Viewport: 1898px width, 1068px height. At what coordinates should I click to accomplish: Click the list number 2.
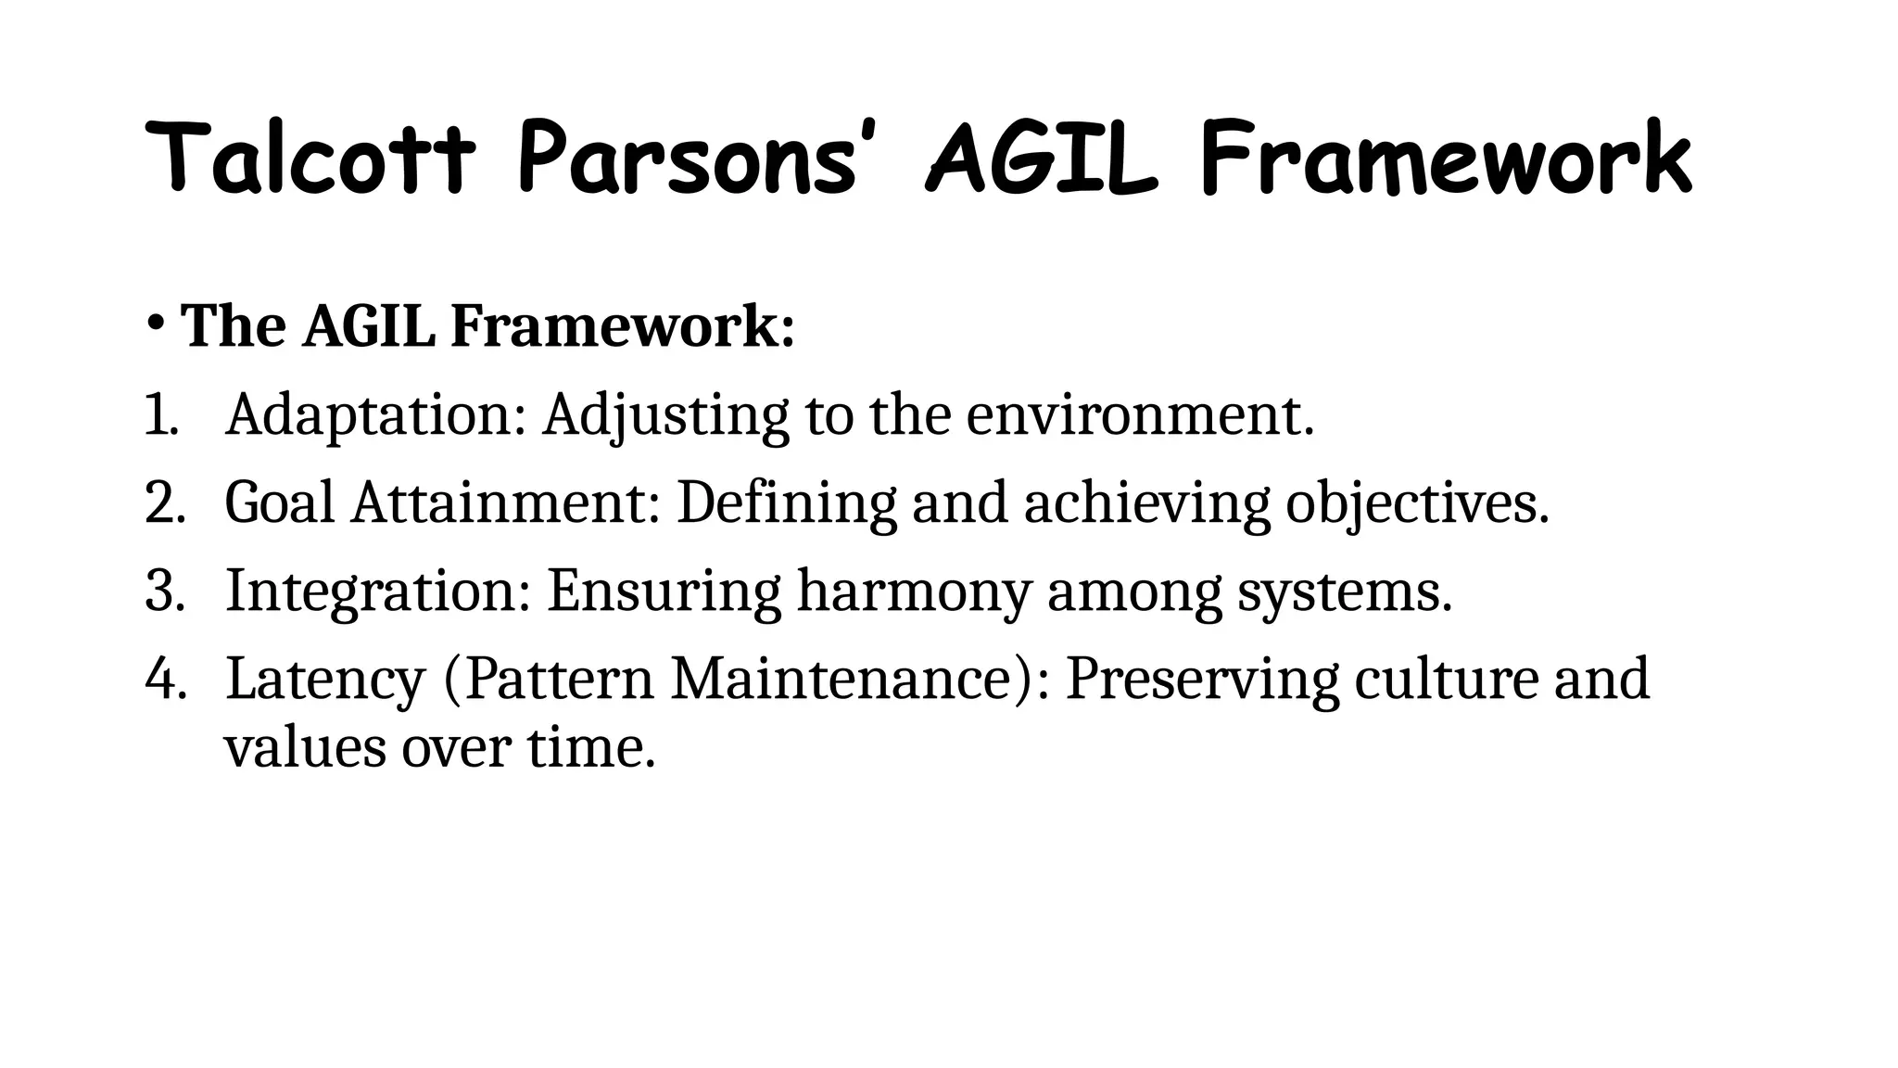click(165, 503)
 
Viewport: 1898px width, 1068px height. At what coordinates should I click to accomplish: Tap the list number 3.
click(165, 591)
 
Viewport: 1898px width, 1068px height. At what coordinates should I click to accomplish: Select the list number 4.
click(165, 680)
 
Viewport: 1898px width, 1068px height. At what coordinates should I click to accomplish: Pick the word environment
click(1139, 415)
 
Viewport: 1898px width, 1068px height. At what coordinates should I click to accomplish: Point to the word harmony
click(914, 591)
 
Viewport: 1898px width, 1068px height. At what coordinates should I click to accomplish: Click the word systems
click(1344, 591)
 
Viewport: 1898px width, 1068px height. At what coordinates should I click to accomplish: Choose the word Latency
click(325, 680)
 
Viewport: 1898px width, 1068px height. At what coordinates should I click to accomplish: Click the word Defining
click(787, 503)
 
